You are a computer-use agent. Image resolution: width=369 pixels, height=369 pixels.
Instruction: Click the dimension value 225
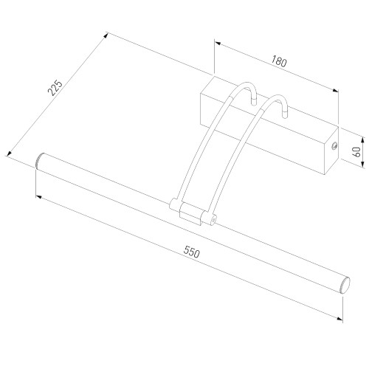click(x=54, y=89)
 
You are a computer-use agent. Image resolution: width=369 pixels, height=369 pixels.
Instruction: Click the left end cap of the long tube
click(x=40, y=160)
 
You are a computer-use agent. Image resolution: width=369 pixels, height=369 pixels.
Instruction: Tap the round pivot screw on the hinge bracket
click(x=213, y=219)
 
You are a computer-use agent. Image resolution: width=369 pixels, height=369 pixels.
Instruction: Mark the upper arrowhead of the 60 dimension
click(x=363, y=137)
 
